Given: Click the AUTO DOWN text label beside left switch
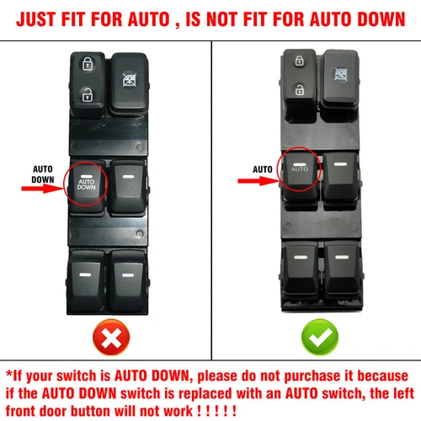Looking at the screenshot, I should [x=42, y=173].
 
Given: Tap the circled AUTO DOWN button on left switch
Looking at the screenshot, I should [x=87, y=184].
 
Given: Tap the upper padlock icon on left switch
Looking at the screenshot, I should [x=87, y=62].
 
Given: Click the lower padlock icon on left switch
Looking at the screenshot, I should [x=87, y=95].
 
